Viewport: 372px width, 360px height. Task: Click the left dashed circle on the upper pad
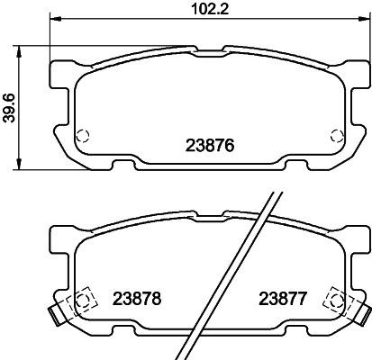82,136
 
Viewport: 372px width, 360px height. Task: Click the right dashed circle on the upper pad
338,136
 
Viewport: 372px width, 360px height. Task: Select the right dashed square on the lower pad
337,299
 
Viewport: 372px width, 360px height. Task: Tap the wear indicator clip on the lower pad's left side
57,315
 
